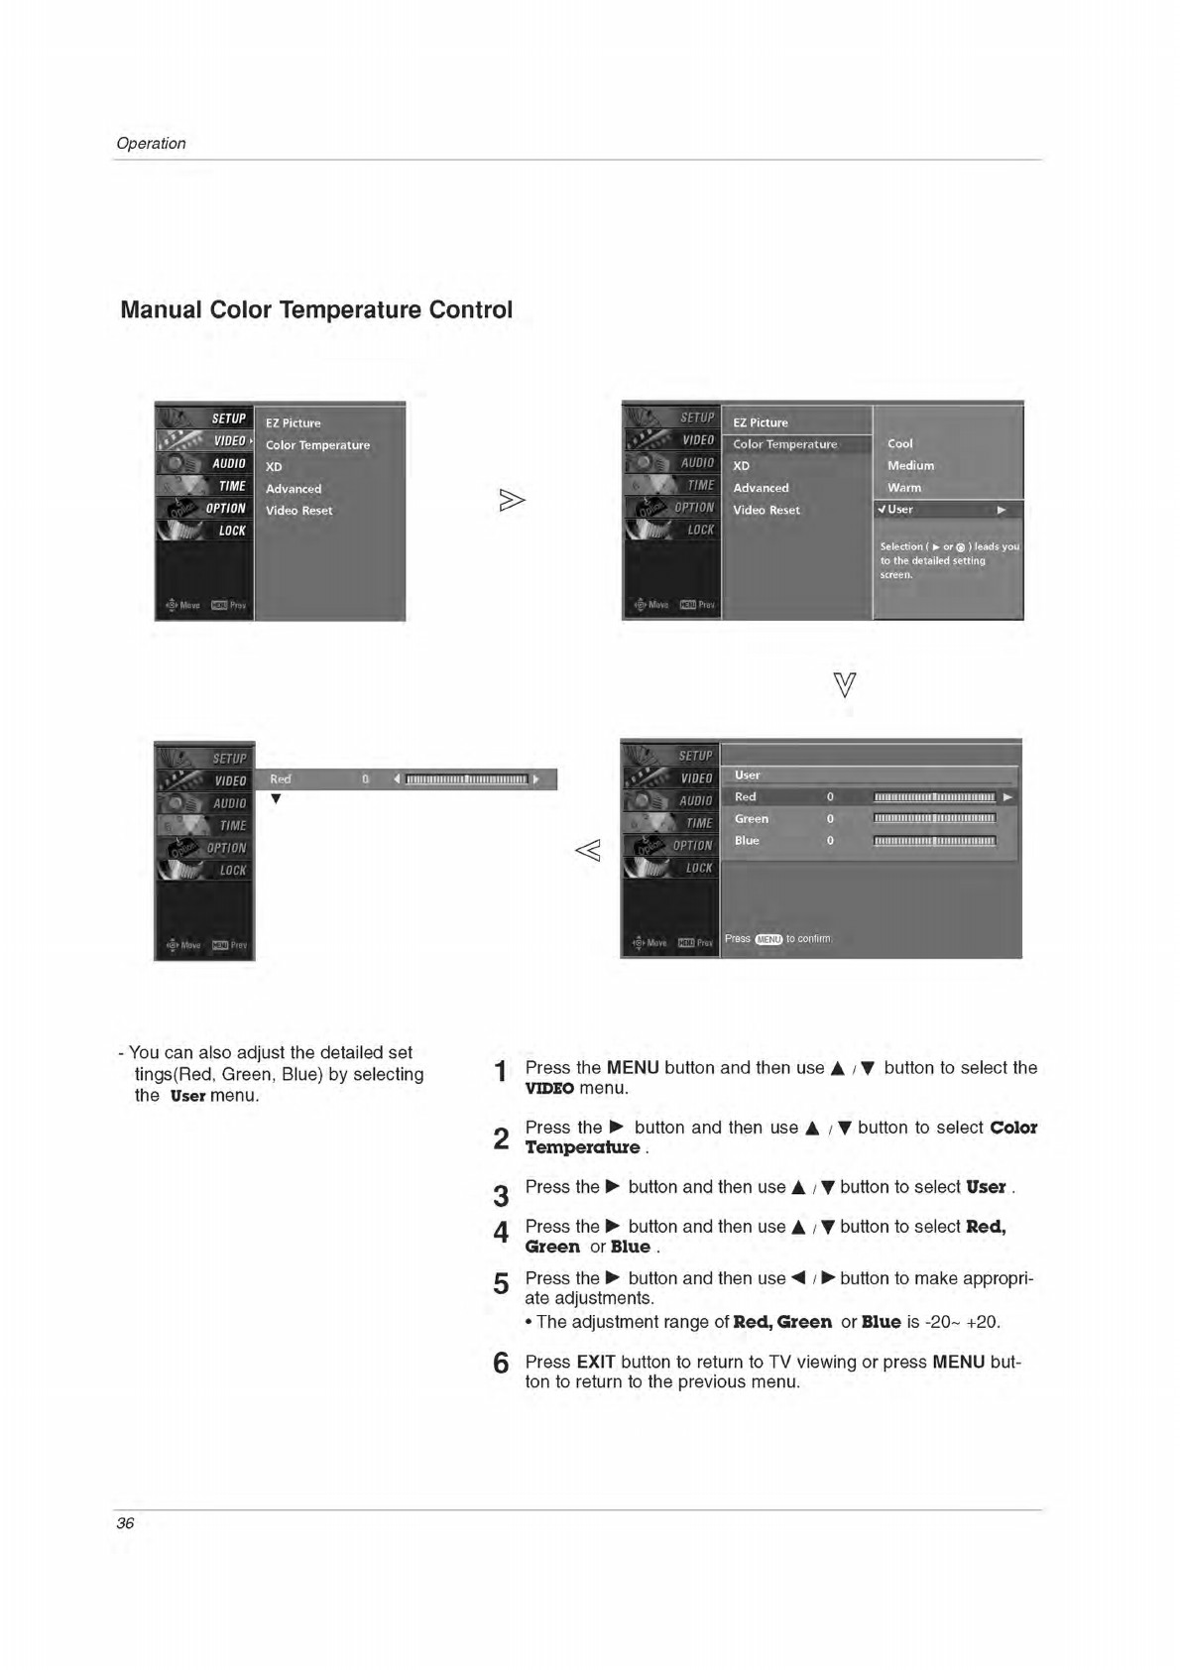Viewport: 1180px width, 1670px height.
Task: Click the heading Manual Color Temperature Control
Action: (316, 310)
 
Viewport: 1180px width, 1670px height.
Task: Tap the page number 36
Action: (125, 1523)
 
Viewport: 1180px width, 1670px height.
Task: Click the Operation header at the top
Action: (151, 143)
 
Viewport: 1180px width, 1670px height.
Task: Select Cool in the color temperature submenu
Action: (899, 443)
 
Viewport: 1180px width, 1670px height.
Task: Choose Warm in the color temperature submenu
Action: (904, 487)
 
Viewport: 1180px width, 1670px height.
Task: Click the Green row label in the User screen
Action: (752, 819)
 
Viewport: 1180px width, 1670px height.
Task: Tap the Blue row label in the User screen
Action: (747, 841)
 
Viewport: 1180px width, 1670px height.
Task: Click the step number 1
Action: (501, 1072)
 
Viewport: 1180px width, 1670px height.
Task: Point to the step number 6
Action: (501, 1364)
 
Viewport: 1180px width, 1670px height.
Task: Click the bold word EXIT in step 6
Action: (596, 1362)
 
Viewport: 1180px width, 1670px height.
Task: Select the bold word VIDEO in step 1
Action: (549, 1089)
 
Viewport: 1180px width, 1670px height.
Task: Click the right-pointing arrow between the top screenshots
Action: (512, 501)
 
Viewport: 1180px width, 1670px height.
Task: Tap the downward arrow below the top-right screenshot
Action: (845, 684)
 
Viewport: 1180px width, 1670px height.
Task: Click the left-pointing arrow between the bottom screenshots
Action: (588, 850)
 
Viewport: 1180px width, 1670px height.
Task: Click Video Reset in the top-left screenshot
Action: (298, 511)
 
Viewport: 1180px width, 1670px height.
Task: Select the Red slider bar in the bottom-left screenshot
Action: (466, 779)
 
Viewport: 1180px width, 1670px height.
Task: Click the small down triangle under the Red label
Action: (276, 799)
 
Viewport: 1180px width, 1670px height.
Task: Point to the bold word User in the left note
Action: (187, 1096)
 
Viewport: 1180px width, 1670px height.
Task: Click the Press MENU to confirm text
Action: (778, 938)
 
